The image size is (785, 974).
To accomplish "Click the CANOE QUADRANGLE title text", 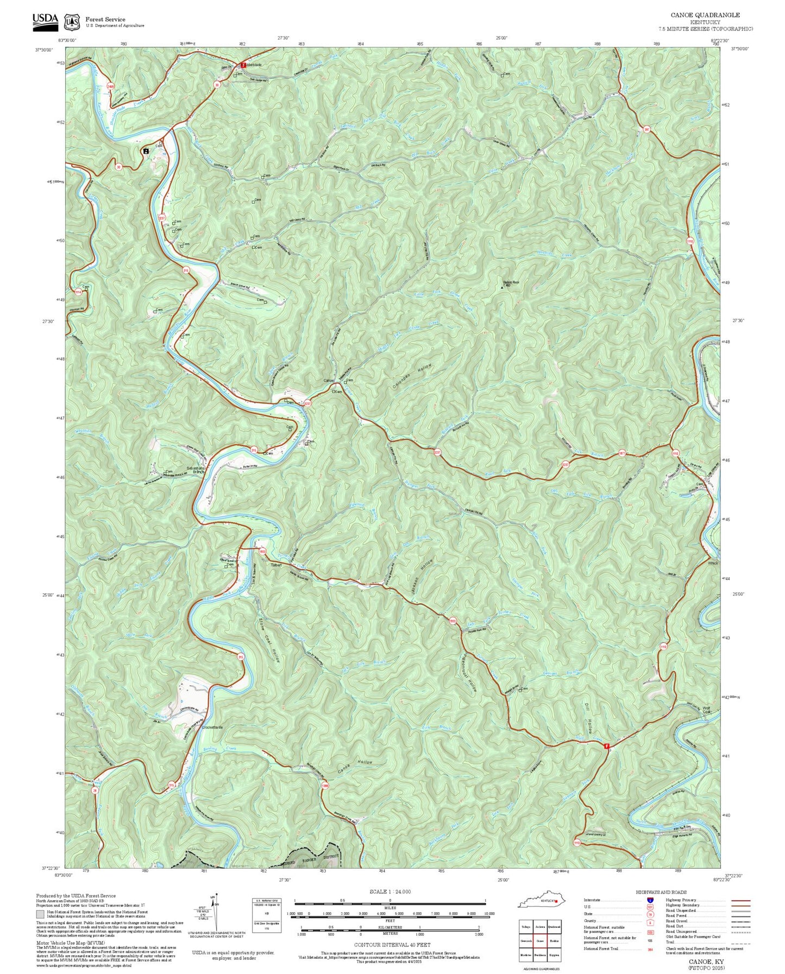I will click(705, 15).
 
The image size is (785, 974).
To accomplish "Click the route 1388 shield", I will click(325, 786).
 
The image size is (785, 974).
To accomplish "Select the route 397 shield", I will click(646, 129).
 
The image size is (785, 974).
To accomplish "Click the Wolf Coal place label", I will click(706, 710).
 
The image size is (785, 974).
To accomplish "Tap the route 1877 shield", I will click(623, 453).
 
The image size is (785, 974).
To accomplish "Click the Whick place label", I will click(713, 563).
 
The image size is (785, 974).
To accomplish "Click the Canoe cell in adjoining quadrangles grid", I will click(539, 941).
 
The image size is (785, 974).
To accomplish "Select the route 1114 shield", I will click(78, 292).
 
